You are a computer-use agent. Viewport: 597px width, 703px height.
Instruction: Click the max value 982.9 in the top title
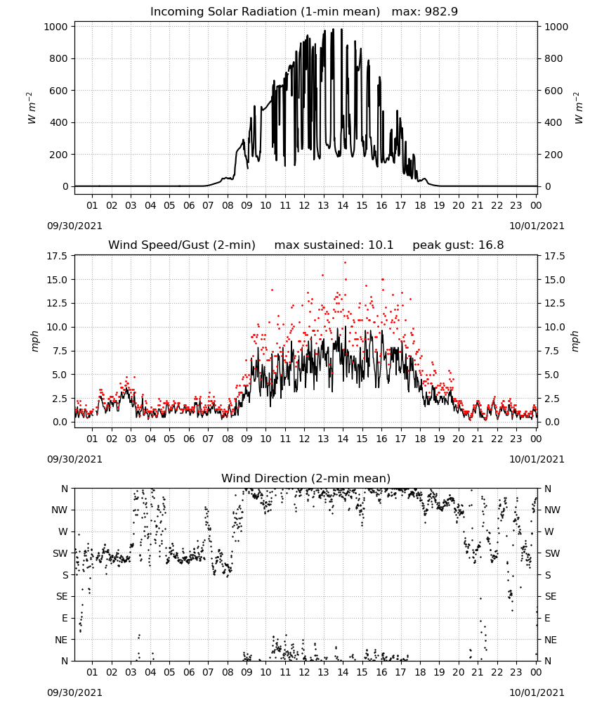(x=441, y=11)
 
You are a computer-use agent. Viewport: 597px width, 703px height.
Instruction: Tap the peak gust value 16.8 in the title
(x=492, y=245)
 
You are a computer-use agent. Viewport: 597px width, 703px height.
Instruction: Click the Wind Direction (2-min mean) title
(x=306, y=478)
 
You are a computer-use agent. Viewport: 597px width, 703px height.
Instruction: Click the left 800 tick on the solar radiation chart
(x=59, y=58)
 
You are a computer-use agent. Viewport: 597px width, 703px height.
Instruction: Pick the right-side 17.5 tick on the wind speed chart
(x=554, y=256)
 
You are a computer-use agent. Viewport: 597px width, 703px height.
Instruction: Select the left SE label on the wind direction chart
(x=62, y=596)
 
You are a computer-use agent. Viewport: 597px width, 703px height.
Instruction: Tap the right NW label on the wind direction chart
(x=552, y=510)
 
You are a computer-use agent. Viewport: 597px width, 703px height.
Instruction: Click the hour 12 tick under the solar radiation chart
(x=304, y=205)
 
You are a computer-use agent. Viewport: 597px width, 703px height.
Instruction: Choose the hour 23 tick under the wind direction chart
(x=516, y=673)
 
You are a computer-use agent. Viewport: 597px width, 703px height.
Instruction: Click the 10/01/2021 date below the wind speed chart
(x=537, y=459)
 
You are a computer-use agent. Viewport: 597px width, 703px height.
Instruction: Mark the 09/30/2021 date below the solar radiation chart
(x=74, y=226)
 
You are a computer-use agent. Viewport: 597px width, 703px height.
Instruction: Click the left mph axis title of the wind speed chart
(x=35, y=341)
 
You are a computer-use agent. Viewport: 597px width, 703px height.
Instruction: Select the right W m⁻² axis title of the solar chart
(x=578, y=108)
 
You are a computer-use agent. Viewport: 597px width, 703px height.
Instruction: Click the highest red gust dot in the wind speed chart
(x=345, y=263)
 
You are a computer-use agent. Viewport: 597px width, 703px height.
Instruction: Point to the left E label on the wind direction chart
(x=65, y=618)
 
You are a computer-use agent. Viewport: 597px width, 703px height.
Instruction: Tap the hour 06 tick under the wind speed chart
(x=189, y=439)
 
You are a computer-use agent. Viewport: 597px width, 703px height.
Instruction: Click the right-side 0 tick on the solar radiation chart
(x=547, y=186)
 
